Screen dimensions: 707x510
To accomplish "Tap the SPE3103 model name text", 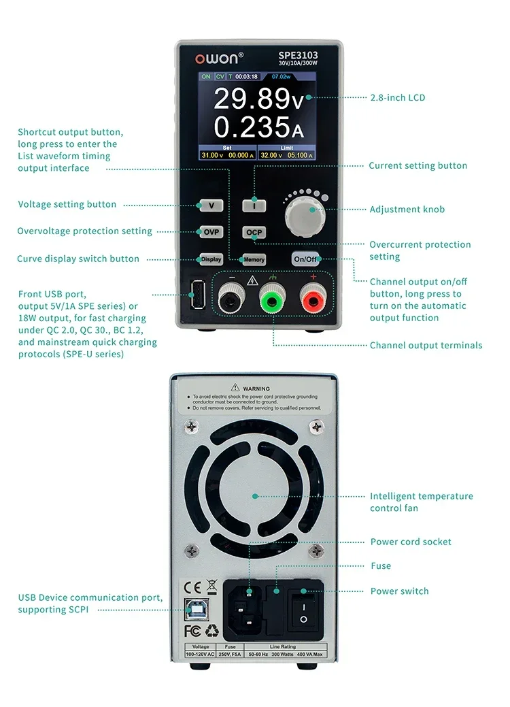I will pos(298,56).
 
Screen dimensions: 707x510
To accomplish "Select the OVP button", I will pos(211,231).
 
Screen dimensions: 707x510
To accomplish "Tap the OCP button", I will pos(254,233).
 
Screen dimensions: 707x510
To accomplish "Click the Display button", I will pos(211,259).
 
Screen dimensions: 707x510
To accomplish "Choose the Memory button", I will pos(254,260).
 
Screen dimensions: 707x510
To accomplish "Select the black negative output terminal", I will pos(232,297).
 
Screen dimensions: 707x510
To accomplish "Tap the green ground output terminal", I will pos(273,297).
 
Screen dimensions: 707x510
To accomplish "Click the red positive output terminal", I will pos(313,297).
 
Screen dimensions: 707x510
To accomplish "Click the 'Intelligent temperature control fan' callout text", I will pos(421,502).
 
